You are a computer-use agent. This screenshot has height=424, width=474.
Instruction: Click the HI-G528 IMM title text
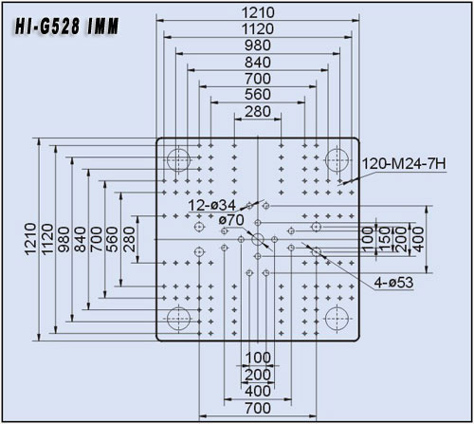pos(66,26)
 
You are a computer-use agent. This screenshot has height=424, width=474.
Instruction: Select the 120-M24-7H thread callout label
pos(404,164)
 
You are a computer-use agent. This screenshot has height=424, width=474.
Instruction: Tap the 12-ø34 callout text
pos(211,206)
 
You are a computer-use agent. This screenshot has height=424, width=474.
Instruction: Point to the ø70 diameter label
pos(231,220)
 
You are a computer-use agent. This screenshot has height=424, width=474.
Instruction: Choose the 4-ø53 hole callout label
pos(393,283)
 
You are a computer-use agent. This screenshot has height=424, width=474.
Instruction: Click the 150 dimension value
pos(385,239)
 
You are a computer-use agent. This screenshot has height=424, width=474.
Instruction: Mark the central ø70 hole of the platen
pos(258,239)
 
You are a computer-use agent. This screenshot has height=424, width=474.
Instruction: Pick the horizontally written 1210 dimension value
pos(258,12)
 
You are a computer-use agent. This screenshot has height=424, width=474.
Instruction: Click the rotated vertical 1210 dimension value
pos(31,239)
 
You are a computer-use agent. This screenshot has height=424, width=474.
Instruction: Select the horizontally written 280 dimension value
pos(258,112)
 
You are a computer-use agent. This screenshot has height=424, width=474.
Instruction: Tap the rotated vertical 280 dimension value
pos(129,239)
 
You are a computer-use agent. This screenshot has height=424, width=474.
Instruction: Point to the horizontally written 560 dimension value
pos(258,95)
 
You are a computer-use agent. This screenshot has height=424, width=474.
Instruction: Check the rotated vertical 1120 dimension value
pos(47,239)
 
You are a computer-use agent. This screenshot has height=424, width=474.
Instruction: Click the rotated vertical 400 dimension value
pos(418,239)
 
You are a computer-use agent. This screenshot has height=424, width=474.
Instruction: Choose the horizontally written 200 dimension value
pos(258,375)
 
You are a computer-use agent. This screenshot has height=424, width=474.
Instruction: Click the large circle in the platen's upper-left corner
pos(178,159)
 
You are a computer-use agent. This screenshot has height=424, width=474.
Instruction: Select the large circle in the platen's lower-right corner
pos(337,319)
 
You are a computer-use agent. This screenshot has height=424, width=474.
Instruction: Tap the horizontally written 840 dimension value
pos(258,63)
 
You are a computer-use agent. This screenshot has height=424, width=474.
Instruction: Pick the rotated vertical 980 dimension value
pos(64,239)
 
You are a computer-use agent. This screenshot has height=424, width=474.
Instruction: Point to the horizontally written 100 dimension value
pos(258,358)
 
